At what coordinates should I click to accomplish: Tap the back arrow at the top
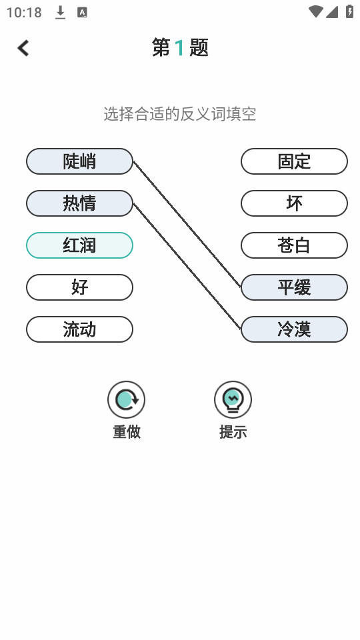pyautogui.click(x=23, y=48)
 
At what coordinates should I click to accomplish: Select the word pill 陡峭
pyautogui.click(x=79, y=161)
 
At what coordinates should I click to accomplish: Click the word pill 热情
pyautogui.click(x=79, y=203)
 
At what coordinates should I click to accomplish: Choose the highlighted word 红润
pyautogui.click(x=79, y=245)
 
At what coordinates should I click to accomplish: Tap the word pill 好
pyautogui.click(x=79, y=287)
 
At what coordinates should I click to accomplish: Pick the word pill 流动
pyautogui.click(x=79, y=329)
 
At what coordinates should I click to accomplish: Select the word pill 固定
pyautogui.click(x=294, y=161)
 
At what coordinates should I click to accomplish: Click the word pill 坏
pyautogui.click(x=294, y=203)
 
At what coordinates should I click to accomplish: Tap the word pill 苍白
pyautogui.click(x=294, y=245)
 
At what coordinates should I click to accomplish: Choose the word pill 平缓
pyautogui.click(x=294, y=287)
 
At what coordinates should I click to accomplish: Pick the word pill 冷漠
pyautogui.click(x=294, y=329)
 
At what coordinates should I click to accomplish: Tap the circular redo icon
pyautogui.click(x=126, y=399)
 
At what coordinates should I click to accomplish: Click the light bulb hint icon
pyautogui.click(x=233, y=399)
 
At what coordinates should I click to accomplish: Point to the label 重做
pyautogui.click(x=127, y=431)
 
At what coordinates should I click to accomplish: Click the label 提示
pyautogui.click(x=233, y=431)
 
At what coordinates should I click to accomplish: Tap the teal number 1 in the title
pyautogui.click(x=179, y=48)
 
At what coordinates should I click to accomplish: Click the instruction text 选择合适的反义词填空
pyautogui.click(x=180, y=114)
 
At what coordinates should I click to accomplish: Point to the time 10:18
pyautogui.click(x=24, y=13)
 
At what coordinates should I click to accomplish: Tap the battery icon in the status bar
pyautogui.click(x=350, y=11)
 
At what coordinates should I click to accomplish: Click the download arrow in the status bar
pyautogui.click(x=61, y=13)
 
